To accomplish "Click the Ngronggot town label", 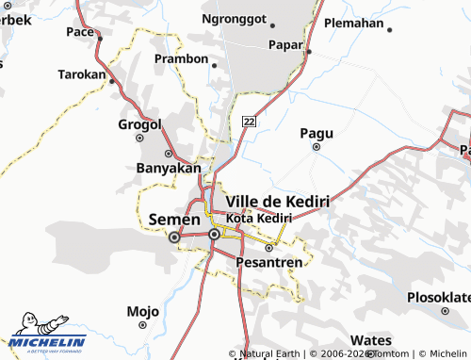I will click(235, 18).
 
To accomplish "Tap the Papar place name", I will click(285, 43).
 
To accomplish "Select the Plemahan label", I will click(353, 23).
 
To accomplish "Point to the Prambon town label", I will click(181, 58).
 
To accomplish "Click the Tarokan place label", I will click(82, 74).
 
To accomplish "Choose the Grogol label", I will click(140, 124).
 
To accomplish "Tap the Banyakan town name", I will click(170, 169).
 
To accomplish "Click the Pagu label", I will click(317, 133).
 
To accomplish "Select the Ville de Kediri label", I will click(278, 202).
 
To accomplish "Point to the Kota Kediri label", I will click(259, 218).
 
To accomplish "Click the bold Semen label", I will click(173, 220).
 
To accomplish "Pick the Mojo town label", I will click(142, 311).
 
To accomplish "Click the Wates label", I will click(370, 340).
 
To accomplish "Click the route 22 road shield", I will click(249, 121).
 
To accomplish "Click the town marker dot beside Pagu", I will click(317, 147).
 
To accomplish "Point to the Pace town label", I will click(80, 32).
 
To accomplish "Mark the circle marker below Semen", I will click(173, 238).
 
